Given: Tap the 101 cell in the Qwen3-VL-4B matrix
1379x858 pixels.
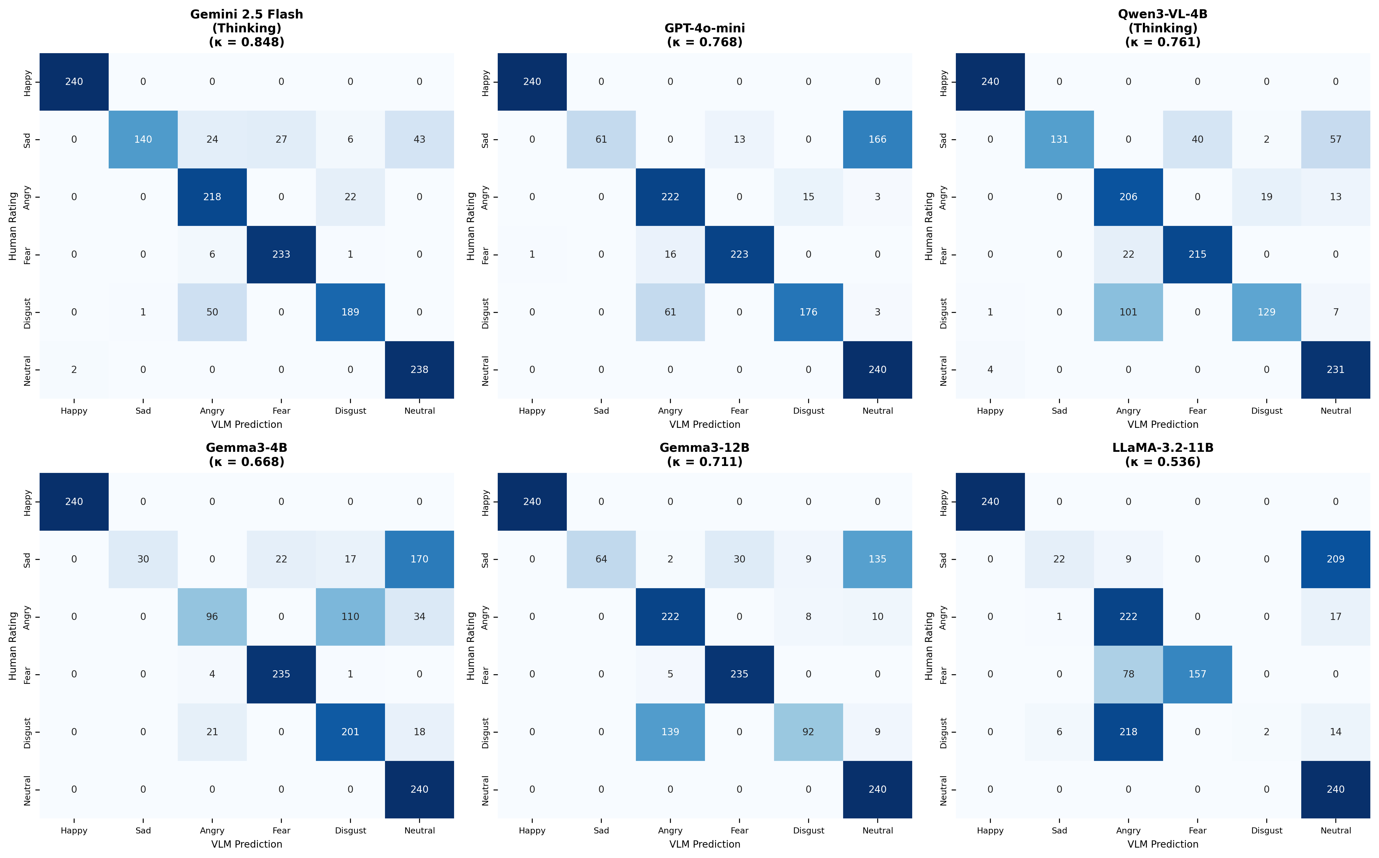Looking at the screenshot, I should click(1128, 312).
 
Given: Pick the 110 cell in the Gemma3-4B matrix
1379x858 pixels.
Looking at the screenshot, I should click(350, 617).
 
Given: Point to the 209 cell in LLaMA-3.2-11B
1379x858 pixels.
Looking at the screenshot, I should click(1335, 559).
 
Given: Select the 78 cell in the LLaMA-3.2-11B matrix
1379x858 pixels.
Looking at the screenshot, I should click(1128, 674).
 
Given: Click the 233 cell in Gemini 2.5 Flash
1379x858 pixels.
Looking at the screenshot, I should click(281, 254).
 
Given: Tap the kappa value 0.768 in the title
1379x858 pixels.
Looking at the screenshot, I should click(705, 42).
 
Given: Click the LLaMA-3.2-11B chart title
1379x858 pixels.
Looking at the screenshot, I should click(1163, 448).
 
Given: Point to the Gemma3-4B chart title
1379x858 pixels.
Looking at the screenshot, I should click(246, 448).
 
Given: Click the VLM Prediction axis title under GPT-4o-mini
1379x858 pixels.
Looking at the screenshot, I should click(705, 424).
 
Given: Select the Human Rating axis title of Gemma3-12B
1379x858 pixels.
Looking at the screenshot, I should click(471, 646).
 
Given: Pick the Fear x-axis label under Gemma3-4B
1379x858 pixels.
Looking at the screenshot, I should click(281, 831).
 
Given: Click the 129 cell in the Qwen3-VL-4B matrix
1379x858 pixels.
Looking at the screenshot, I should click(1266, 312).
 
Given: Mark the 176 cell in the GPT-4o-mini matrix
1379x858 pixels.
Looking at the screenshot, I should click(808, 312).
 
